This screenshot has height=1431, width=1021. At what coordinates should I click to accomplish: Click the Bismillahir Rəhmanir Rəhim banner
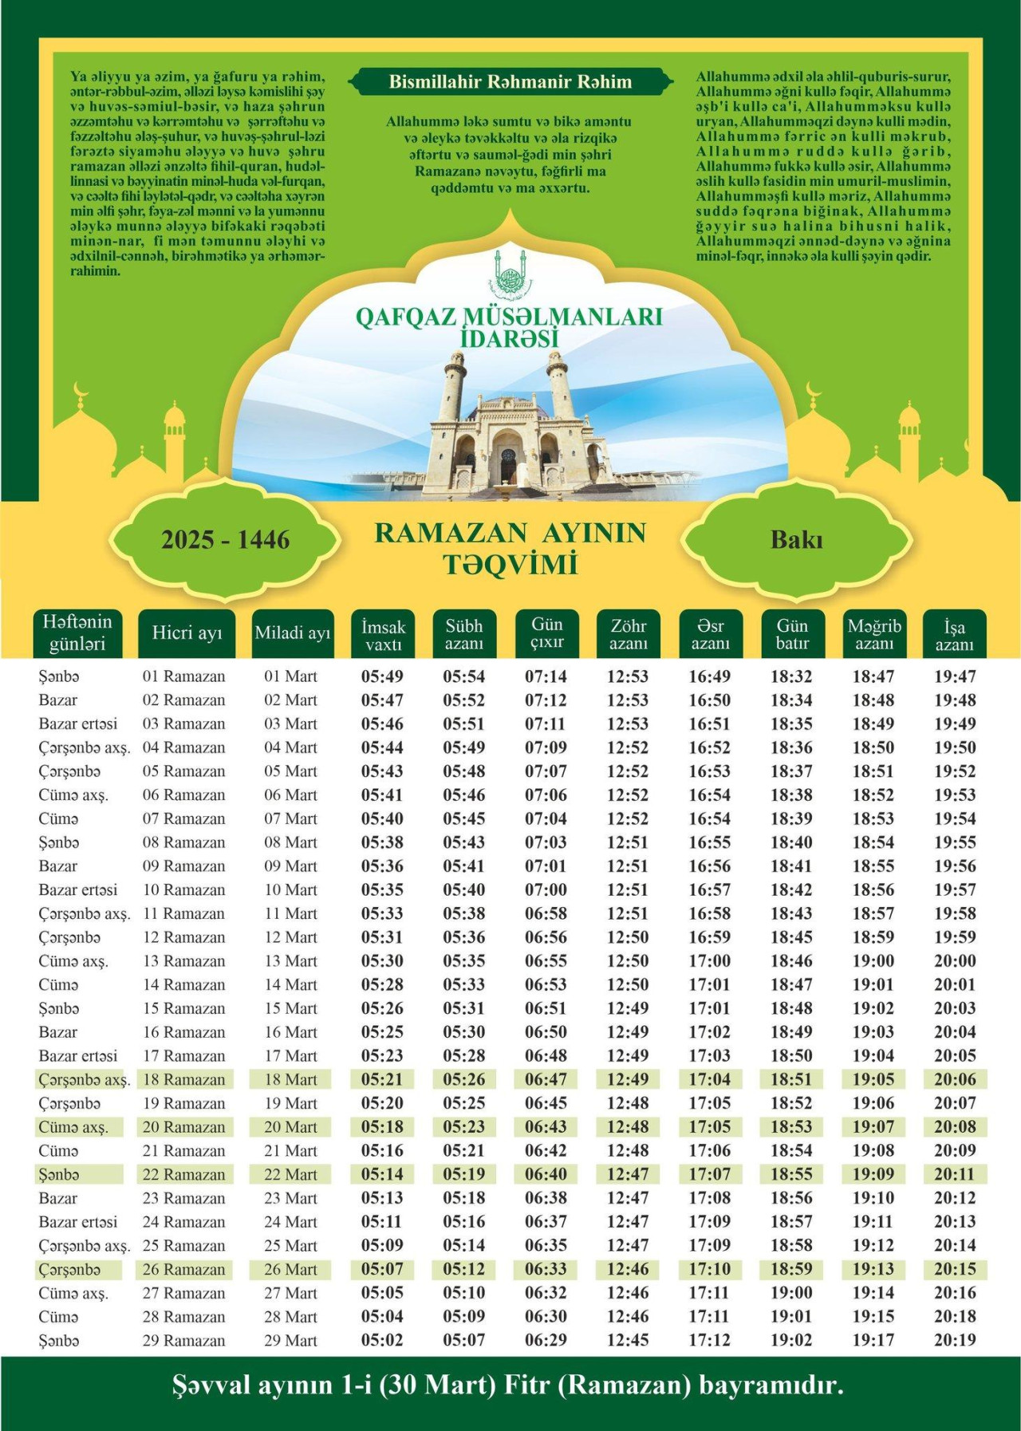[510, 82]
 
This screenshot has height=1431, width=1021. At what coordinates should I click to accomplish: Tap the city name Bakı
[796, 540]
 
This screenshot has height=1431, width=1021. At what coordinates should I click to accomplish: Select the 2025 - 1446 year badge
[225, 540]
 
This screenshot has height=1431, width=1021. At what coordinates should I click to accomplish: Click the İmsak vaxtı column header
[383, 635]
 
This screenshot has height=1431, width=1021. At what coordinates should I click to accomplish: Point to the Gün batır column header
[792, 634]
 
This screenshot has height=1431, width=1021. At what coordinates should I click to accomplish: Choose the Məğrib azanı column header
[874, 634]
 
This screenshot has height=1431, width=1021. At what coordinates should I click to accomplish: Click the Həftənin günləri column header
[77, 633]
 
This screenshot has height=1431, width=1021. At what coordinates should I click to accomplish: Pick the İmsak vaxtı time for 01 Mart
[382, 676]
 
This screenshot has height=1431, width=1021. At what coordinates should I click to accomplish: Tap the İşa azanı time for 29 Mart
[955, 1340]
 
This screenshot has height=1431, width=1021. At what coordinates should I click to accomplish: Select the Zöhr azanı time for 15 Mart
[628, 1008]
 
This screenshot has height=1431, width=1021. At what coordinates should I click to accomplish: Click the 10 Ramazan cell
[184, 890]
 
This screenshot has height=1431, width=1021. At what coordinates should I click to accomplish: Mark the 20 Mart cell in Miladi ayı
[290, 1127]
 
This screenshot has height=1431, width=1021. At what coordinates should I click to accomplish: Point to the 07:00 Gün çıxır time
[546, 890]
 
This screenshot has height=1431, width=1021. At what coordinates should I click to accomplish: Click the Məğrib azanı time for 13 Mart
[873, 961]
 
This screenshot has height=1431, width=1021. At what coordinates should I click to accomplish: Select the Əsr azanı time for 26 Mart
[709, 1269]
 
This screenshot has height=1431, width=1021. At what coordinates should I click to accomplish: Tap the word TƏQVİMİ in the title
[510, 565]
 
